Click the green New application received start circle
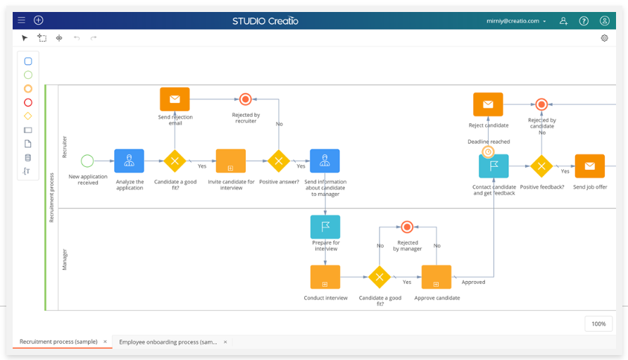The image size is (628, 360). pyautogui.click(x=87, y=161)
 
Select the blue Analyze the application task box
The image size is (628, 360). pyautogui.click(x=129, y=161)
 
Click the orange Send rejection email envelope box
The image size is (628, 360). pyautogui.click(x=175, y=99)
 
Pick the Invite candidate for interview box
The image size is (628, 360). pyautogui.click(x=231, y=161)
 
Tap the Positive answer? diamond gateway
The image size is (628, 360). pyautogui.click(x=279, y=161)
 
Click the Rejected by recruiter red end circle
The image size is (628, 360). pyautogui.click(x=245, y=99)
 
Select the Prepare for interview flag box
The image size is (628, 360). pyautogui.click(x=325, y=227)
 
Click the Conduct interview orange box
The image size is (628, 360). pyautogui.click(x=325, y=277)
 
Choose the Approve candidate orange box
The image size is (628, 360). pyautogui.click(x=436, y=277)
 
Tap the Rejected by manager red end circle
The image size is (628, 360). pyautogui.click(x=406, y=227)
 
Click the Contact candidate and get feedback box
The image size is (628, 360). pyautogui.click(x=494, y=166)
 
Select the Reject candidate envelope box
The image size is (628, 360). pyautogui.click(x=488, y=104)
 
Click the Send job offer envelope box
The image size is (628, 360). pyautogui.click(x=589, y=166)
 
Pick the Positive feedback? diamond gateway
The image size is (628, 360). pyautogui.click(x=541, y=166)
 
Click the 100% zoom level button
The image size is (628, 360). pyautogui.click(x=598, y=323)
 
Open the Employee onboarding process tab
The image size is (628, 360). pyautogui.click(x=168, y=342)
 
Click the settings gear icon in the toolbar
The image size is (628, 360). pyautogui.click(x=604, y=38)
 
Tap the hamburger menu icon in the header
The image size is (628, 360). pyautogui.click(x=21, y=20)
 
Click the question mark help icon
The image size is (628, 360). pyautogui.click(x=584, y=21)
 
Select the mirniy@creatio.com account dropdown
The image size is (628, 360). pyautogui.click(x=517, y=21)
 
